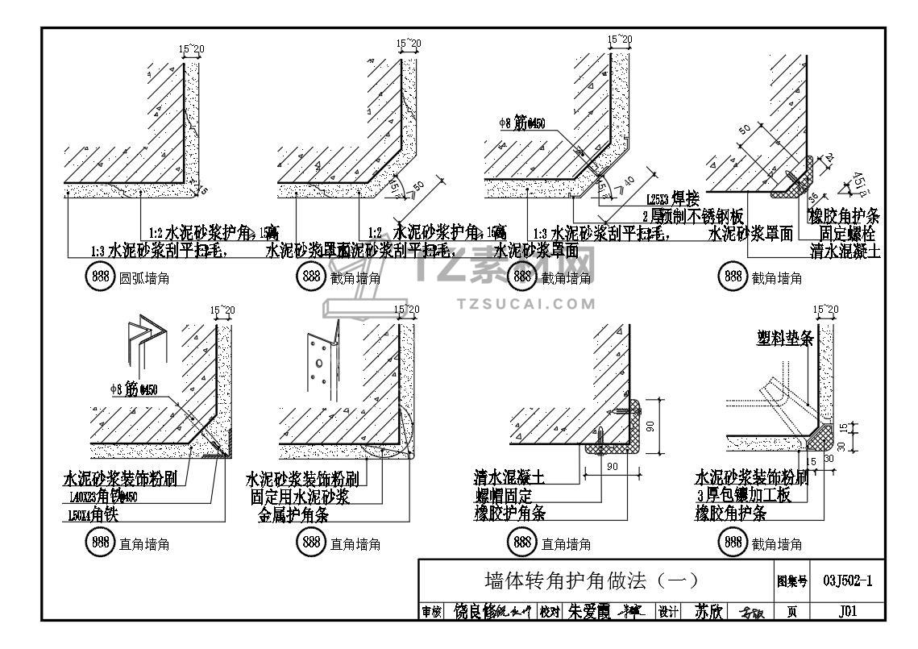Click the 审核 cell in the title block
(x=432, y=613)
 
